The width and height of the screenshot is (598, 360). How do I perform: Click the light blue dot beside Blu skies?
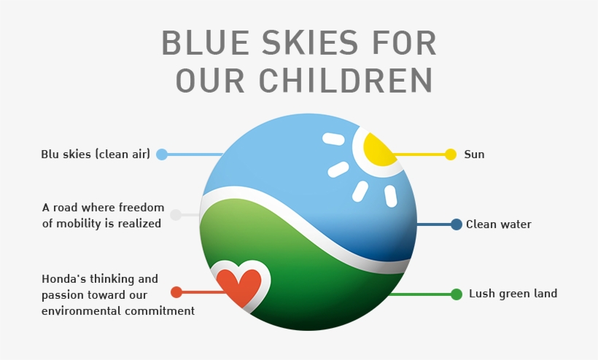tap(162, 154)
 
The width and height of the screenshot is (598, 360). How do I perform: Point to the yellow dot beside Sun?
tap(451, 154)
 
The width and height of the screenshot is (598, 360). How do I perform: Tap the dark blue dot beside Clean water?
tap(457, 224)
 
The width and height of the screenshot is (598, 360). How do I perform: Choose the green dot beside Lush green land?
tap(457, 294)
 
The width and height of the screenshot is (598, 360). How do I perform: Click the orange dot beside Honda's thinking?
tap(176, 292)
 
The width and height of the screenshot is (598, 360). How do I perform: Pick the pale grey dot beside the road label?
tap(176, 215)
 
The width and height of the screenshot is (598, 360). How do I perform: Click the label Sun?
tap(474, 154)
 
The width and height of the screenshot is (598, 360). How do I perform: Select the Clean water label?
tap(499, 224)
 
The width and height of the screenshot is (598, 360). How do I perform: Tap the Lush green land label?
tap(513, 294)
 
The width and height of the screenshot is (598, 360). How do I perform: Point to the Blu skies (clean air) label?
tap(96, 154)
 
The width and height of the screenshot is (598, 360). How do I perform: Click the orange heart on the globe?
tap(239, 286)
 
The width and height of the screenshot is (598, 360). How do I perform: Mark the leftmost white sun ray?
tap(333, 138)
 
